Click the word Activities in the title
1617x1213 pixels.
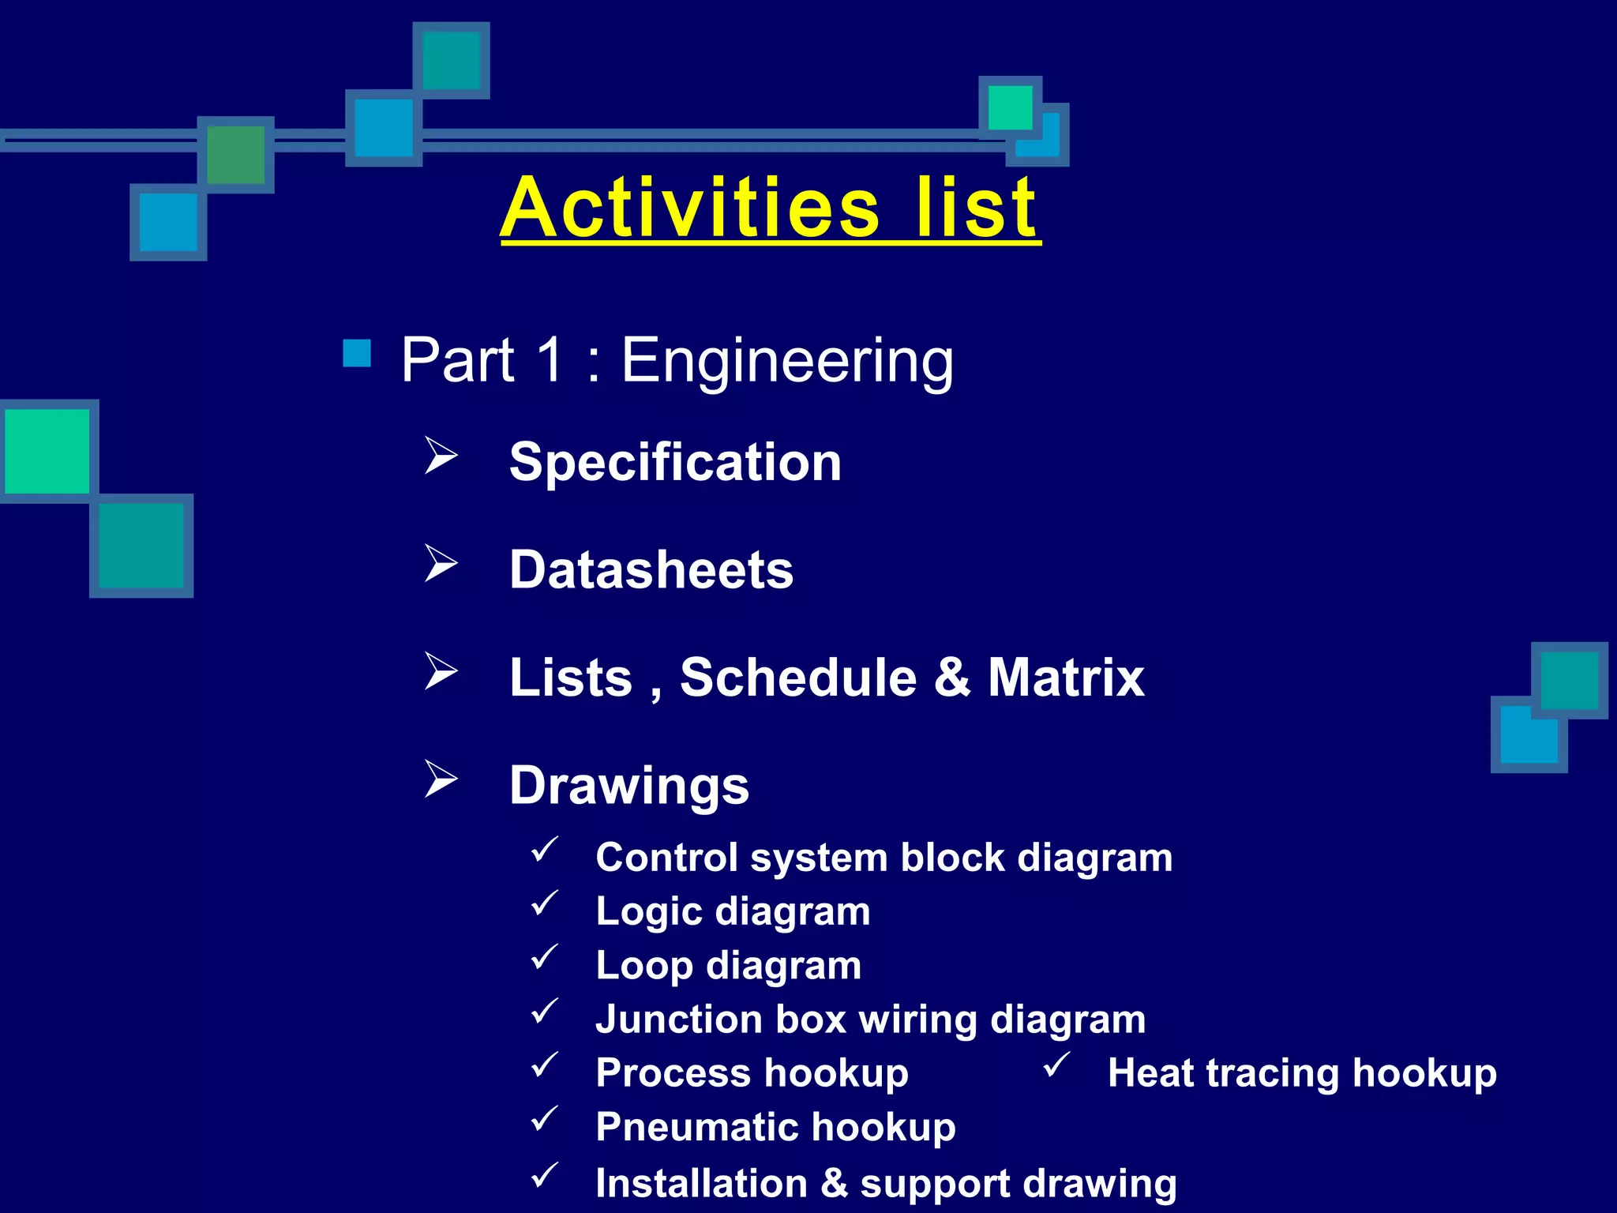click(x=690, y=208)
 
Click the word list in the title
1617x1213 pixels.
click(x=976, y=208)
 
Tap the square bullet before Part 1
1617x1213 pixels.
click(x=357, y=354)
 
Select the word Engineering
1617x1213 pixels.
click(x=787, y=362)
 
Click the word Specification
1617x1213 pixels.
click(x=675, y=462)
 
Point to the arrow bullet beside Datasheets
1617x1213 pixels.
click(x=441, y=564)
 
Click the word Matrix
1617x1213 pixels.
click(x=1066, y=678)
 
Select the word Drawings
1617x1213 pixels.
click(x=629, y=787)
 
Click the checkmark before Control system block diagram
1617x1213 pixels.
click(x=545, y=850)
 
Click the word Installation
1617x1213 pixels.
click(x=701, y=1184)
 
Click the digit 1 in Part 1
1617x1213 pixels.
click(x=550, y=360)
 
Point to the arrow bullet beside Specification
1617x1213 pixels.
click(x=441, y=456)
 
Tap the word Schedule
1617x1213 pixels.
click(x=798, y=678)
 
